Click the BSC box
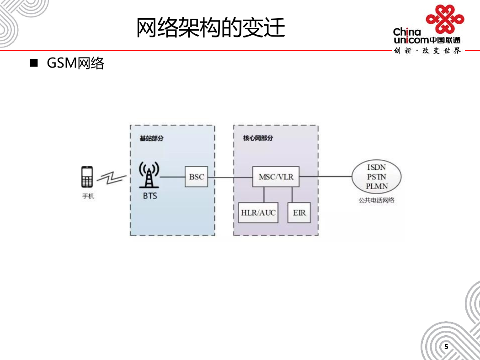click(196, 177)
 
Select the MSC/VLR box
click(276, 177)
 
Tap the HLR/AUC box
click(258, 212)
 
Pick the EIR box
click(299, 212)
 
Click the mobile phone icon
click(87, 177)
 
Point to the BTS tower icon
click(149, 175)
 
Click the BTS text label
click(150, 196)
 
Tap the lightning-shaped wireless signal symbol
click(112, 178)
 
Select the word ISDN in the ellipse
click(377, 167)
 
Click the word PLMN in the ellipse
click(377, 186)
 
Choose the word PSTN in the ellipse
click(377, 177)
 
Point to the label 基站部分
click(151, 138)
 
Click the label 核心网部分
click(258, 138)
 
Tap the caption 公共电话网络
click(377, 201)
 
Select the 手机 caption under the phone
click(88, 196)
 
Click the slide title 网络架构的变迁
click(211, 27)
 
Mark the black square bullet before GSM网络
click(34, 63)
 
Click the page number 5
click(446, 347)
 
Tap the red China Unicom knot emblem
click(445, 19)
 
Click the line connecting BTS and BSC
click(172, 177)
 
